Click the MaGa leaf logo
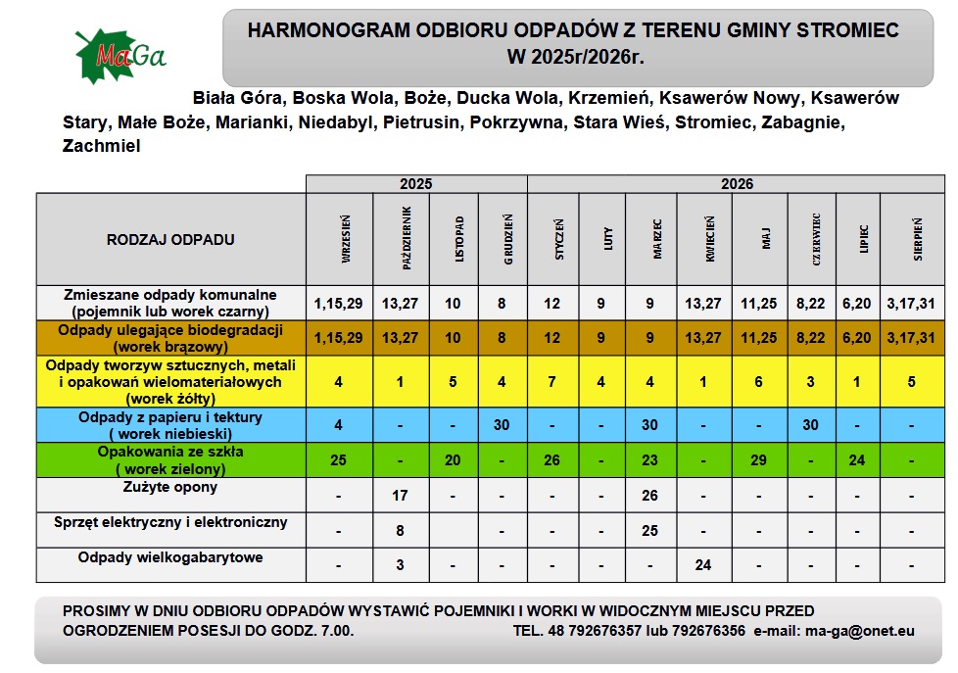coord(120,56)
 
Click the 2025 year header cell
coord(415,183)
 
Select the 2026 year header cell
coord(737,183)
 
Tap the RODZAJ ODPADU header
coord(170,239)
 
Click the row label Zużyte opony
coord(170,487)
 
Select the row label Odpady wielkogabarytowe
coord(170,557)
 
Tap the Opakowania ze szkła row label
coord(170,458)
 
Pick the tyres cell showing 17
coord(400,496)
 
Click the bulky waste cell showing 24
coord(702,565)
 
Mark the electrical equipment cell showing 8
coord(400,531)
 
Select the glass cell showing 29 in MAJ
coord(758,460)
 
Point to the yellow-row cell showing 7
coord(552,382)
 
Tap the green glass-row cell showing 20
coord(453,460)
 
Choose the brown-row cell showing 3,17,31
coord(911,338)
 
